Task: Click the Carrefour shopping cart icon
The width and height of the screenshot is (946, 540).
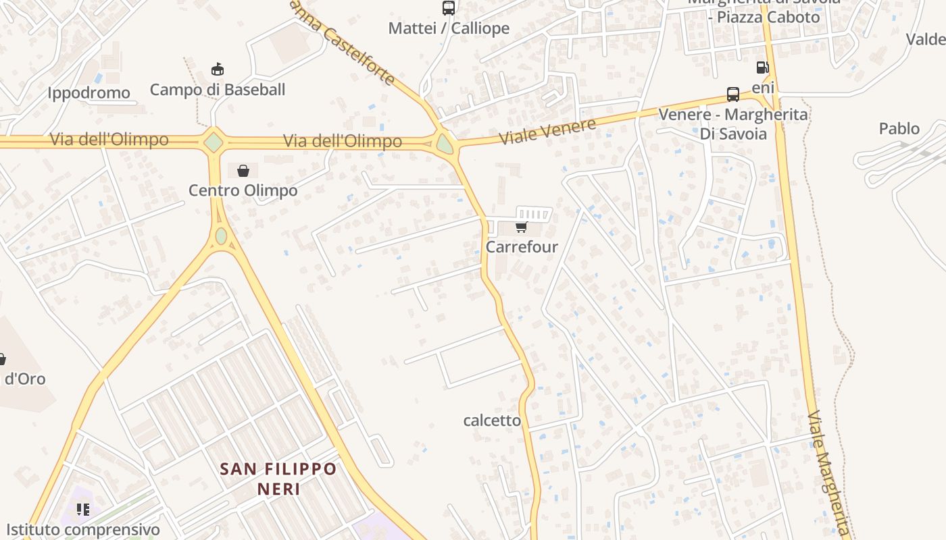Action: pyautogui.click(x=521, y=227)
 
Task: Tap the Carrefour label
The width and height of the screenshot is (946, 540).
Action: pyautogui.click(x=522, y=247)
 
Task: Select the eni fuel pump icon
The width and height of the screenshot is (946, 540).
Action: pyautogui.click(x=762, y=67)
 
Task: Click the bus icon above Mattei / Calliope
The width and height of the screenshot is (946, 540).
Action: pyautogui.click(x=448, y=8)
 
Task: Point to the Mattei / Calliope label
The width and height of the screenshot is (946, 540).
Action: pyautogui.click(x=449, y=28)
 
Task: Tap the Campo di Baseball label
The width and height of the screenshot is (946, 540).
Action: pyautogui.click(x=218, y=90)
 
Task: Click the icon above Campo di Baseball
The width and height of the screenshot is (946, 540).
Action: pyautogui.click(x=218, y=69)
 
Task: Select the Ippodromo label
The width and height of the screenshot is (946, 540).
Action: pyautogui.click(x=89, y=93)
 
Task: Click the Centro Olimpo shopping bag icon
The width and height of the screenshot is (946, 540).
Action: pyautogui.click(x=243, y=171)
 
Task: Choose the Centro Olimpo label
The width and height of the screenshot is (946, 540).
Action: pyautogui.click(x=243, y=190)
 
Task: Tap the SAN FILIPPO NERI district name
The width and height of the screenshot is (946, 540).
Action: pyautogui.click(x=278, y=478)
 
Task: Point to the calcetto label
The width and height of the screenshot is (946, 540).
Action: pyautogui.click(x=492, y=421)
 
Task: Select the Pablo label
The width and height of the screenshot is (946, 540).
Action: pyautogui.click(x=899, y=128)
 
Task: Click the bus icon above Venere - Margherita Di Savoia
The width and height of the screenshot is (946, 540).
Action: pyautogui.click(x=733, y=94)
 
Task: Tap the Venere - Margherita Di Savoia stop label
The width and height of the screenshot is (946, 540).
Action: pyautogui.click(x=733, y=124)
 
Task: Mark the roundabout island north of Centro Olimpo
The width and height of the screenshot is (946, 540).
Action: pyautogui.click(x=214, y=142)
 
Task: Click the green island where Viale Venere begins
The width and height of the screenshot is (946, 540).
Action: pyautogui.click(x=445, y=143)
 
